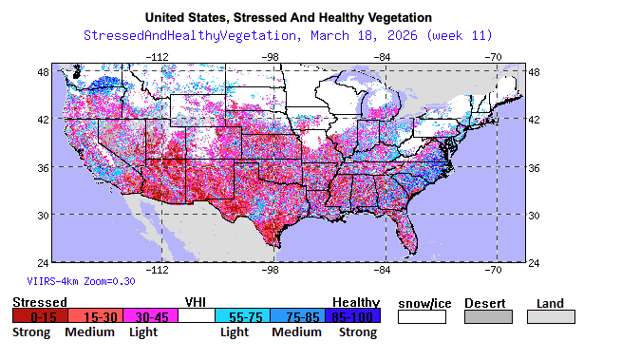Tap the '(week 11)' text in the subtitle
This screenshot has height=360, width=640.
coord(459,35)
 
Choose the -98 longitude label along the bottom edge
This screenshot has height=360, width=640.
coord(270,270)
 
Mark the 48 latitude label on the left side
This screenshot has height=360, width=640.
coord(43,72)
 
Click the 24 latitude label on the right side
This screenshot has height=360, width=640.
coord(534,262)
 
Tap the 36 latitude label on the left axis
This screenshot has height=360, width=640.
coord(43,167)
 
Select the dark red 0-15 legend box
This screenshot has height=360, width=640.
coord(39,316)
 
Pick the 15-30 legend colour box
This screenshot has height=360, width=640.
coord(98,316)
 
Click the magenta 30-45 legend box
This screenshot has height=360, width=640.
coord(152,316)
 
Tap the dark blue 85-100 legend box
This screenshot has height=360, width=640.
coord(355,316)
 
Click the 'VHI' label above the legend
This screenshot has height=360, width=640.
coord(196,302)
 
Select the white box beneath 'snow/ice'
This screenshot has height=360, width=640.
coord(422,316)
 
